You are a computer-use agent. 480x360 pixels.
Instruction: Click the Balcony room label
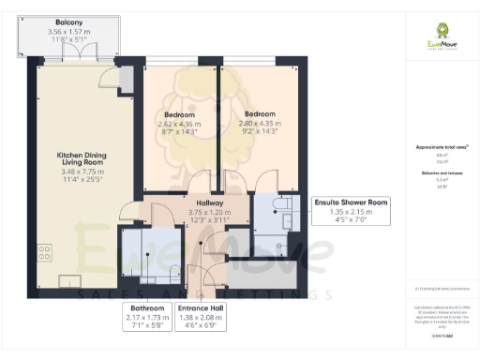(67, 22)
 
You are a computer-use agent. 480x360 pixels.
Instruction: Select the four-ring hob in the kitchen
(43, 252)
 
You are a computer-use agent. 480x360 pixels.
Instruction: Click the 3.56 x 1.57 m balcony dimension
(67, 33)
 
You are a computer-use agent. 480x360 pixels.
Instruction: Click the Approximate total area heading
(441, 147)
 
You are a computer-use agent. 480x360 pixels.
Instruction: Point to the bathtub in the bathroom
(132, 253)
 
